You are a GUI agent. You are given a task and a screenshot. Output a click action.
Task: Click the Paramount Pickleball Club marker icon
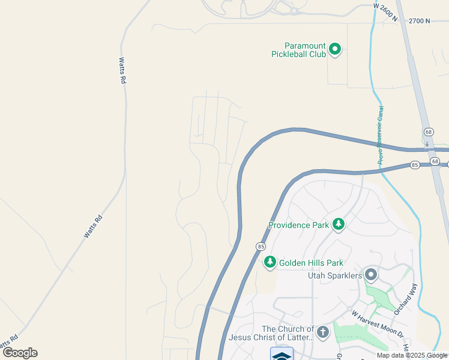coord(335,49)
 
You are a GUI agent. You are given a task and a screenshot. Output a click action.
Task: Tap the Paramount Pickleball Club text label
coord(305,50)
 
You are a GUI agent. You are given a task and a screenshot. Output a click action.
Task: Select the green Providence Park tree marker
coord(339,224)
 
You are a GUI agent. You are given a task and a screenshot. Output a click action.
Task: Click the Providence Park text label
coord(299,225)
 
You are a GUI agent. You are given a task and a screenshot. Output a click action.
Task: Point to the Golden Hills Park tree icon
coord(270,262)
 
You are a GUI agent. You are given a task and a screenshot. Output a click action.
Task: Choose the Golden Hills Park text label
coord(310,263)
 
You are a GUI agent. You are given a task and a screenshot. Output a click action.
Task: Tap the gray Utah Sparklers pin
coord(371,275)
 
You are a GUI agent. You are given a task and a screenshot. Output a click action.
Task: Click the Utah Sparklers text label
coord(335,275)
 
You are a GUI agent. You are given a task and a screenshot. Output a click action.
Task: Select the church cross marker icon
coord(323,332)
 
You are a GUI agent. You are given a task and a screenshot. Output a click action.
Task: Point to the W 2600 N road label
coord(385,12)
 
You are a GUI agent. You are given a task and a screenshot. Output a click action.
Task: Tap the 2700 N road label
coord(420,21)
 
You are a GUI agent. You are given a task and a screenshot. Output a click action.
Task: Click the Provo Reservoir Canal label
coord(381,136)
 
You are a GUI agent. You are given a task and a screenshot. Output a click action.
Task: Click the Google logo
coord(20,353)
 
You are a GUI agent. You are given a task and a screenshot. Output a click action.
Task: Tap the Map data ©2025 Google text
coord(412,355)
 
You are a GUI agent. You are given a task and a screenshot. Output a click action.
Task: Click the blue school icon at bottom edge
coord(282,354)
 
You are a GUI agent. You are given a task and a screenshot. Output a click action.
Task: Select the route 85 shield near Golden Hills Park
coord(261,247)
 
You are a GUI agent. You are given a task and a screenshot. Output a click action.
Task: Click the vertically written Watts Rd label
coord(122,70)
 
